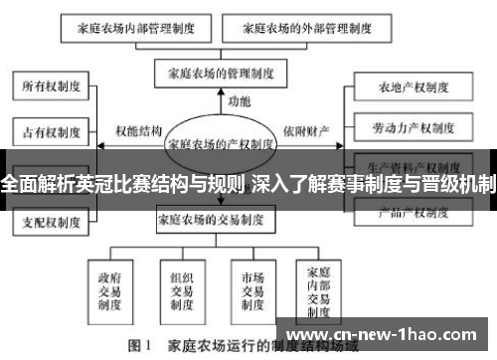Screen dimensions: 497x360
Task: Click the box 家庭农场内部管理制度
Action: (x=135, y=30)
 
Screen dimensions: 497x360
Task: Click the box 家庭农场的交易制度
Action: (x=210, y=219)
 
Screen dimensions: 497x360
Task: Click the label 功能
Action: (x=240, y=100)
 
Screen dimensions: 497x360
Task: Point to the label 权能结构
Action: (x=138, y=130)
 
